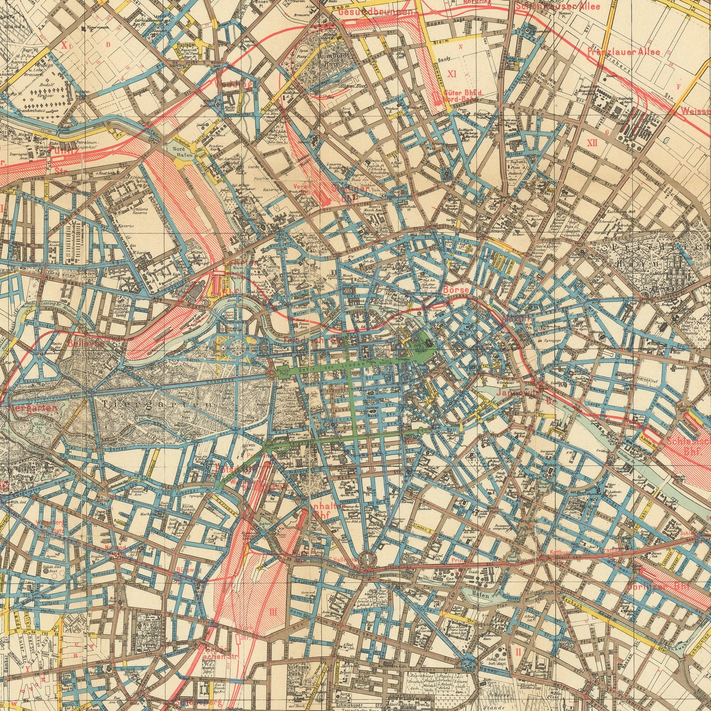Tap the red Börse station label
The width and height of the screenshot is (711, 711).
(x=456, y=289)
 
